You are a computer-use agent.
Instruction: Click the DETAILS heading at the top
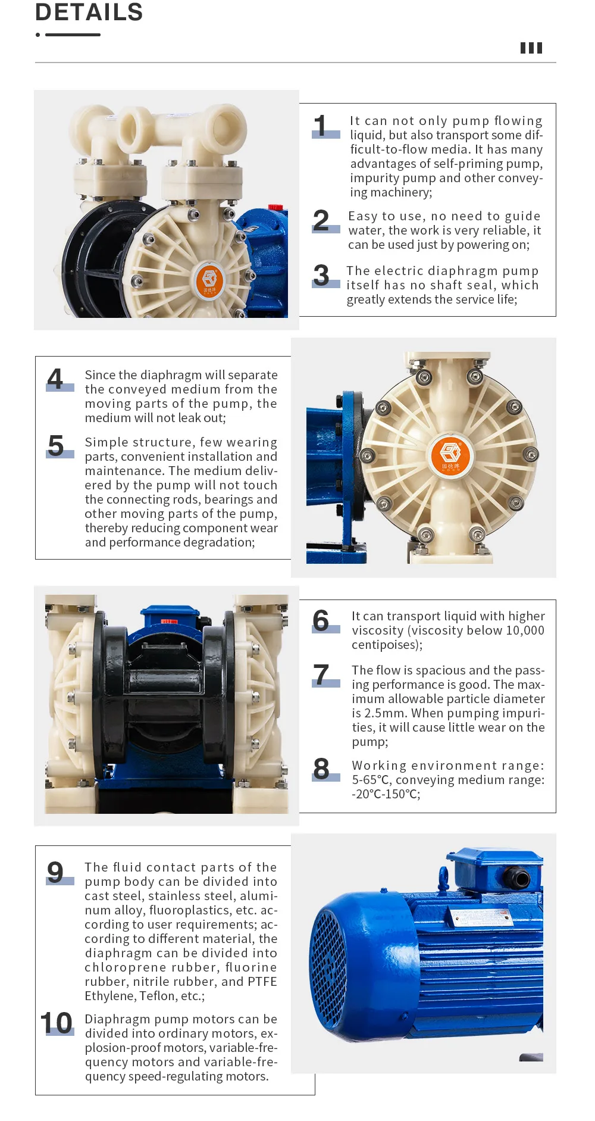[x=89, y=12]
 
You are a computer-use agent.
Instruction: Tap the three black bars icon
[x=531, y=48]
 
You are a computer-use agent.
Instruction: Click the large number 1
[x=321, y=126]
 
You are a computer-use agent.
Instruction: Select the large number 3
[x=321, y=275]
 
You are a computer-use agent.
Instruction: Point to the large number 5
[x=56, y=445]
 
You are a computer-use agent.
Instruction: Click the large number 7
[x=321, y=675]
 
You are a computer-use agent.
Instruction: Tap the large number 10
[x=57, y=1023]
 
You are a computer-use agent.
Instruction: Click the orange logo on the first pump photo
[x=209, y=279]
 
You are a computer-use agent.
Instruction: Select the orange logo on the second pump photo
[x=450, y=455]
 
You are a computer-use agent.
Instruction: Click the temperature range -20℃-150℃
[x=386, y=794]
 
